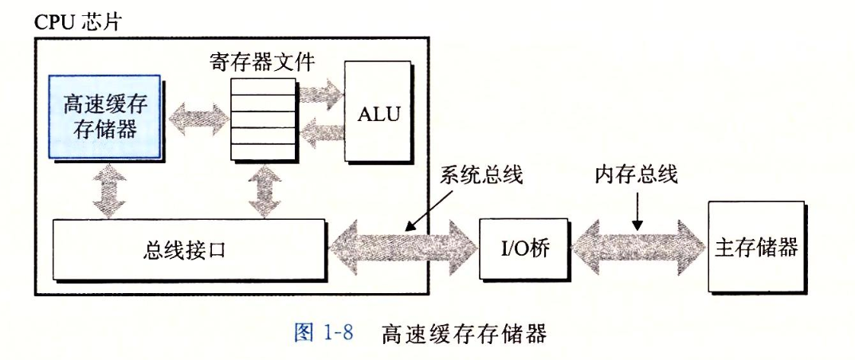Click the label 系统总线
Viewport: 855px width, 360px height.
[481, 176]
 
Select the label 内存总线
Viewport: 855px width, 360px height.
[636, 176]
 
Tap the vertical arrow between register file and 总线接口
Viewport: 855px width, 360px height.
[264, 192]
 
